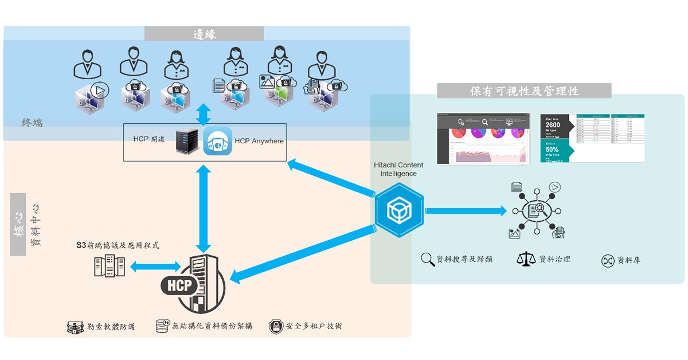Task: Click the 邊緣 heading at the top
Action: [x=204, y=33]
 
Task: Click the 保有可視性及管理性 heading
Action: [x=523, y=91]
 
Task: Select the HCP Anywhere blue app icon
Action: [x=217, y=141]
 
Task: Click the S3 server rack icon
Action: [x=109, y=266]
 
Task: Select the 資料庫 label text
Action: [x=628, y=260]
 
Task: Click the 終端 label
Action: [x=33, y=122]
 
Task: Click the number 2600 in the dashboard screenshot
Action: [x=553, y=125]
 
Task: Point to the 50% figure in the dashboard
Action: [x=552, y=149]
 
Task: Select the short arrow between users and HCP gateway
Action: [x=202, y=114]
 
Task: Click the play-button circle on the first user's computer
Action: [x=100, y=89]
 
